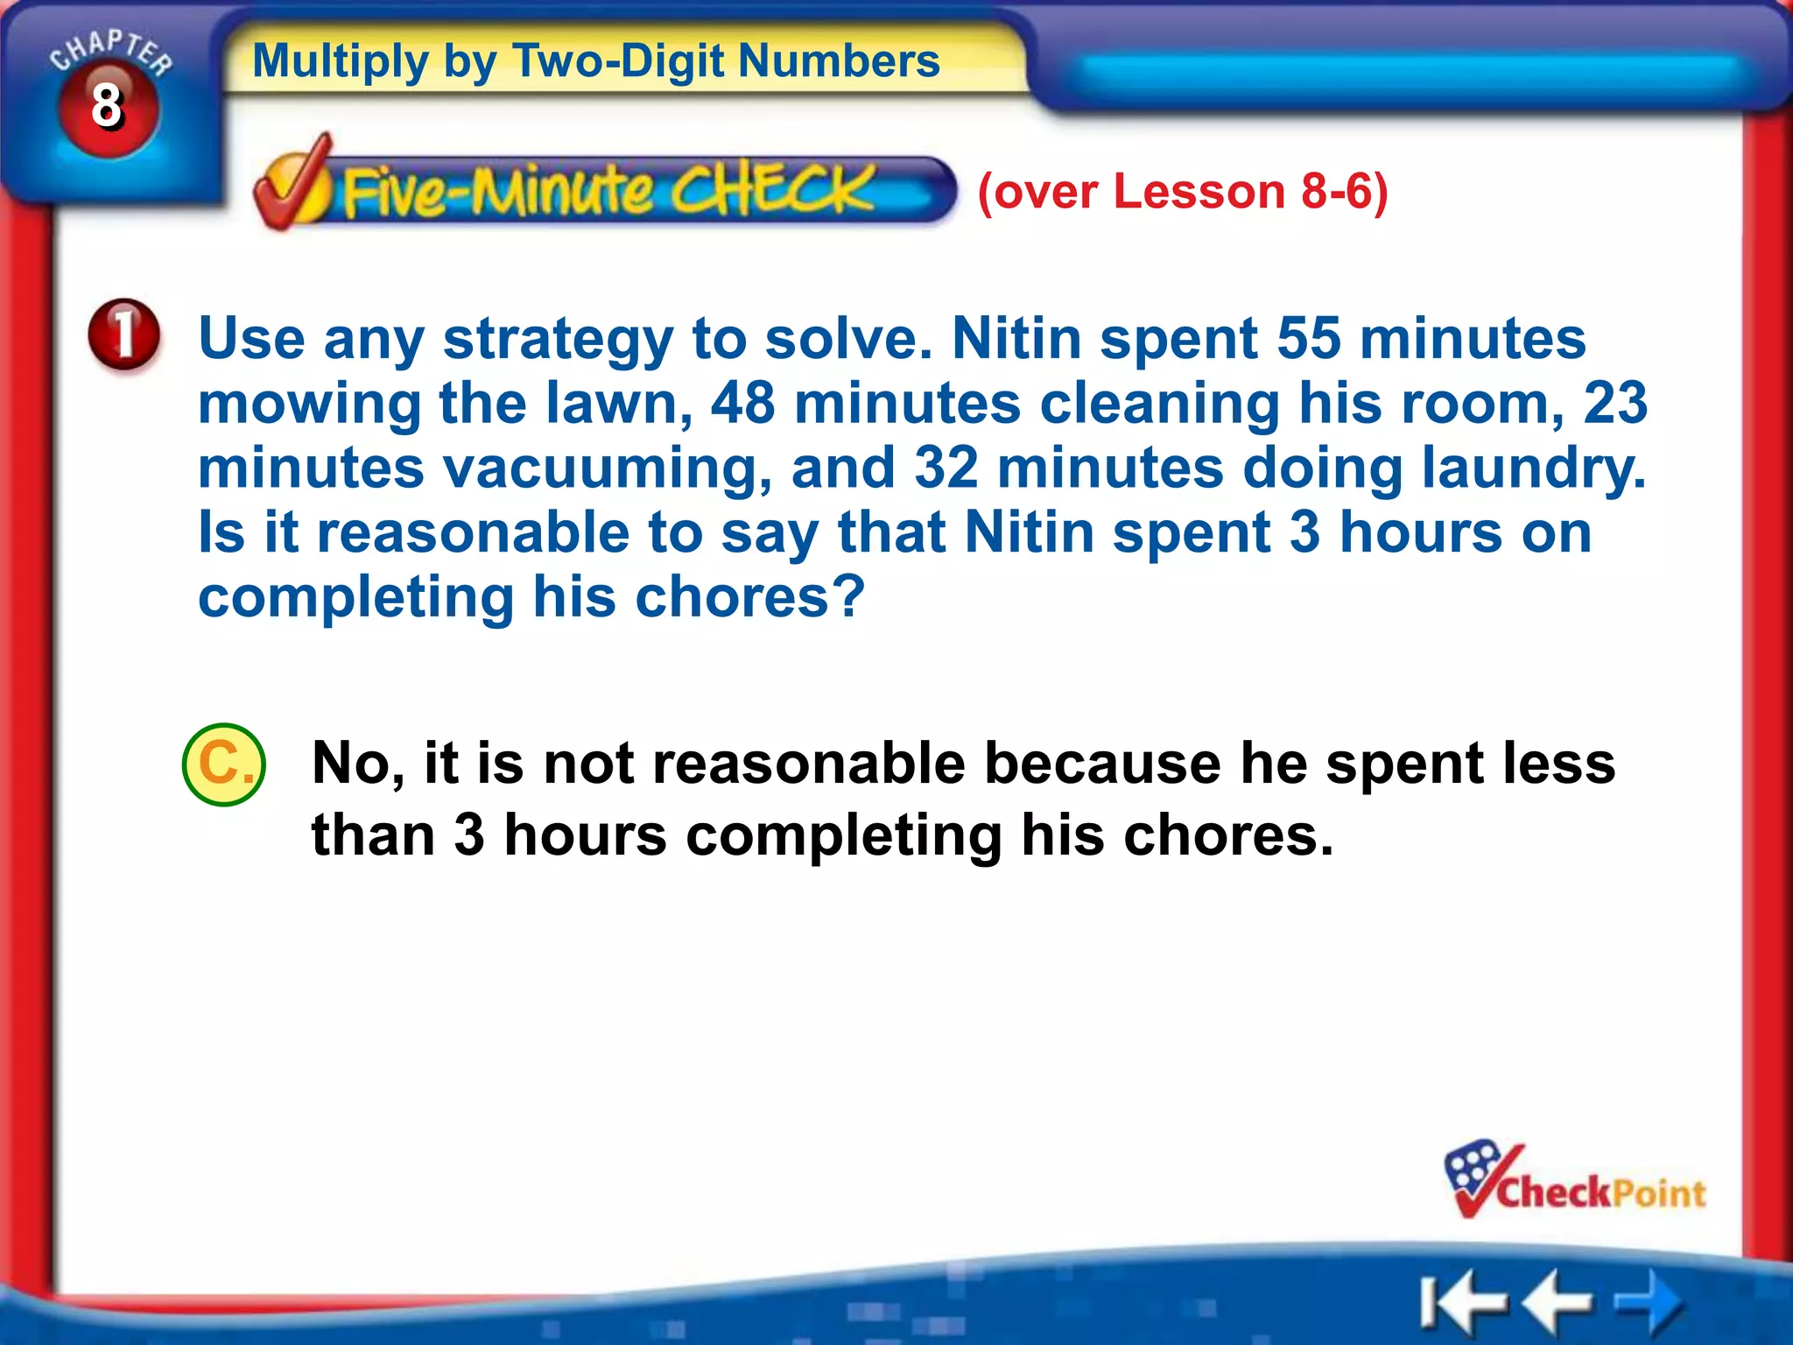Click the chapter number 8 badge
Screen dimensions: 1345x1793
[x=108, y=107]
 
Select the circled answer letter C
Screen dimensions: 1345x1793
[x=224, y=764]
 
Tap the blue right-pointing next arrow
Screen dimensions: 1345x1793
[x=1649, y=1301]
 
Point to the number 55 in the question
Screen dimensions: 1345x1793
[x=1308, y=338]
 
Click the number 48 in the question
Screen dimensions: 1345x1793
[x=742, y=403]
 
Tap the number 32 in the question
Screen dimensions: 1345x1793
[x=946, y=468]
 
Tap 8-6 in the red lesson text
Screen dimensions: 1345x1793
[x=1336, y=191]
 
